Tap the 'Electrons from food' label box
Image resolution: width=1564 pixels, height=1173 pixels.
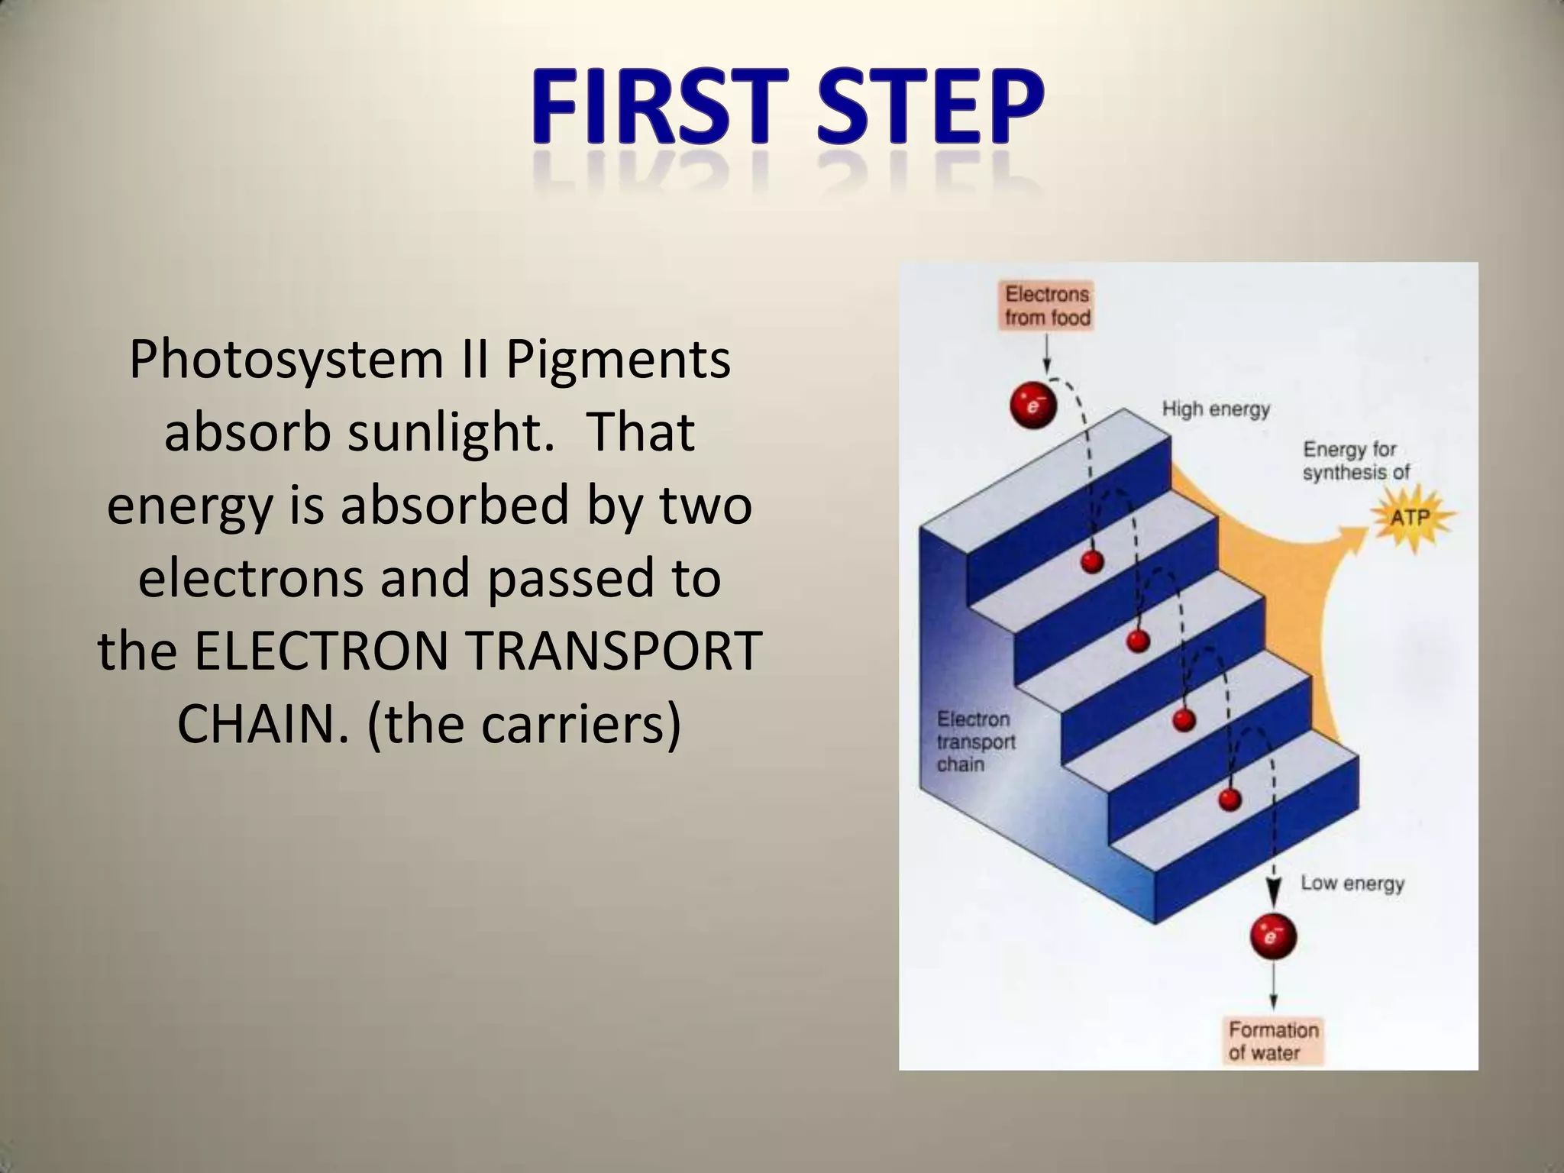[1047, 306]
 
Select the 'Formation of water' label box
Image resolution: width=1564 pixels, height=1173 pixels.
[1273, 1041]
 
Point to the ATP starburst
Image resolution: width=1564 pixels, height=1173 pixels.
[1410, 518]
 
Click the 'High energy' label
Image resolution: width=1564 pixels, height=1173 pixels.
[1216, 409]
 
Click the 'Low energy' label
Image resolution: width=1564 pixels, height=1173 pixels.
[1352, 884]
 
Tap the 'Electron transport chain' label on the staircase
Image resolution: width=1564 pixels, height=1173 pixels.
[975, 742]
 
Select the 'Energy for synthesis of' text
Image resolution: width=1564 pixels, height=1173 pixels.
[1356, 460]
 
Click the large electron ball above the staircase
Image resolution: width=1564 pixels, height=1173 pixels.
[1032, 406]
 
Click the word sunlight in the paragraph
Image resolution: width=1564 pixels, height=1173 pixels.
[450, 433]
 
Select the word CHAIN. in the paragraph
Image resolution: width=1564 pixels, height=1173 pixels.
[263, 724]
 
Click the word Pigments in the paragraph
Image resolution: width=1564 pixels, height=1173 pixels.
[618, 360]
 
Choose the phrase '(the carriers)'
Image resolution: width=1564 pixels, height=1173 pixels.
[524, 724]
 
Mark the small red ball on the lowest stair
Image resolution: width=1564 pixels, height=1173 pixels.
[1230, 800]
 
